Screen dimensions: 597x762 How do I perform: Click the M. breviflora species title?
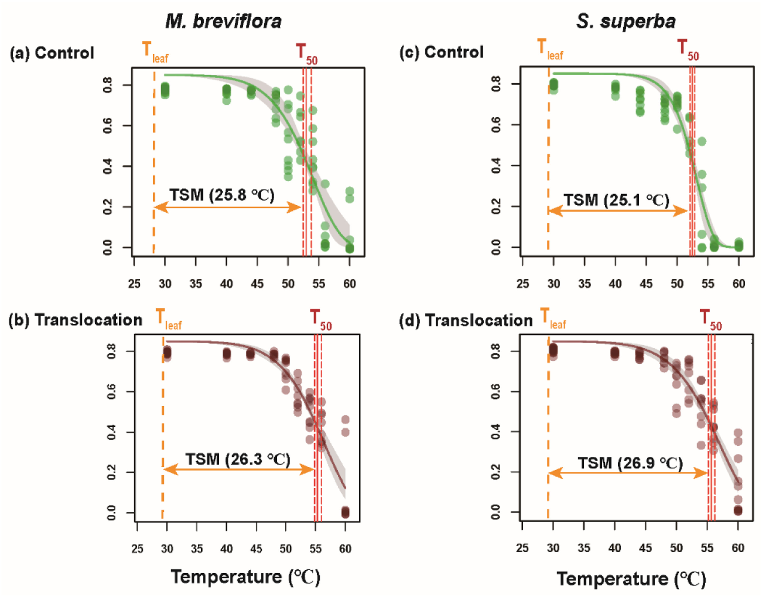(x=223, y=22)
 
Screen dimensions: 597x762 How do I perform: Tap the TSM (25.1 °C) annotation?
(x=617, y=200)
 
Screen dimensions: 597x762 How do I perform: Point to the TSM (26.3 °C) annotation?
(x=237, y=459)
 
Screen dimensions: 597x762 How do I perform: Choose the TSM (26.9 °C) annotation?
(x=630, y=463)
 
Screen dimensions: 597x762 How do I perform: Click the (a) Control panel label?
(x=52, y=53)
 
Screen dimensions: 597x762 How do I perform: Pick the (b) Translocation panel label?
(x=75, y=320)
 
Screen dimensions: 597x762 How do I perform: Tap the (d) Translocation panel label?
(x=466, y=321)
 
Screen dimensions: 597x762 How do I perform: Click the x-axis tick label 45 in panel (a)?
(x=257, y=284)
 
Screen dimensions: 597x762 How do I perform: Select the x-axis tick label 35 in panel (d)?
(x=584, y=548)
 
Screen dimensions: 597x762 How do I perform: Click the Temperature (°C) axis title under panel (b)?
(x=245, y=577)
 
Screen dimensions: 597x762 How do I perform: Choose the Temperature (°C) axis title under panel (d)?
(x=631, y=578)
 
